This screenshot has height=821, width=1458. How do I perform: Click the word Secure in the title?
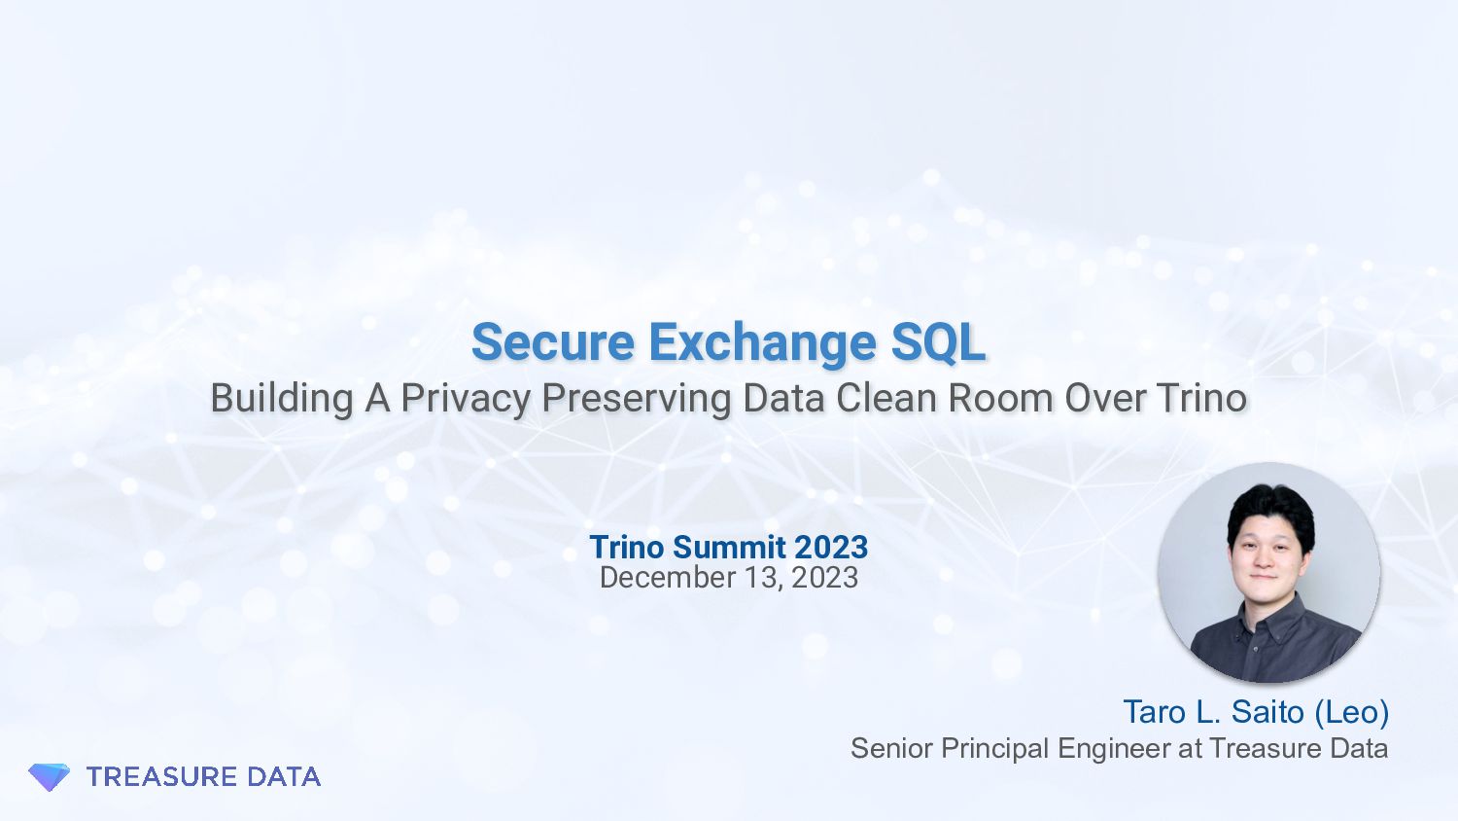pos(552,342)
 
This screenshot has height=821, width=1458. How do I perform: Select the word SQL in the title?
pos(938,342)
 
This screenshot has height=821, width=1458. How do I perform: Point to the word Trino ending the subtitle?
pos(1201,398)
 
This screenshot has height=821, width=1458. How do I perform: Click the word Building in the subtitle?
pos(282,398)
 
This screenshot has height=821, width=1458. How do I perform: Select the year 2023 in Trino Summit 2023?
pos(830,547)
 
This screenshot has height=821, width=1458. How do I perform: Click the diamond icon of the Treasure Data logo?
pos(49,776)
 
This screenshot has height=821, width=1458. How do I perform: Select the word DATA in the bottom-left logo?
pos(284,776)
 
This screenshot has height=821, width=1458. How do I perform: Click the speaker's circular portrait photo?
pos(1268,572)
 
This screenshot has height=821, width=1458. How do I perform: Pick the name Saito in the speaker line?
pos(1267,712)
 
